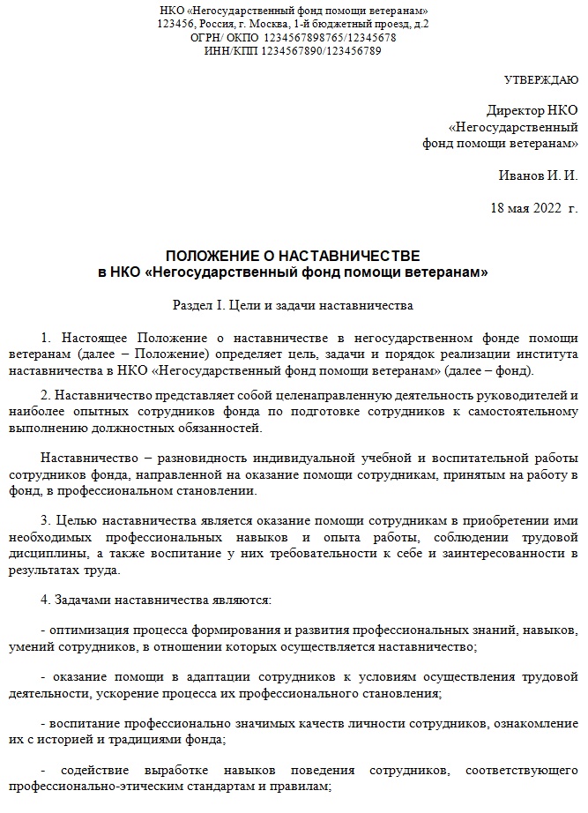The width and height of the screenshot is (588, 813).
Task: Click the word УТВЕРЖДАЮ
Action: pos(540,80)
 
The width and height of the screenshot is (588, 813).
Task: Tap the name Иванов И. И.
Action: pos(537,175)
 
